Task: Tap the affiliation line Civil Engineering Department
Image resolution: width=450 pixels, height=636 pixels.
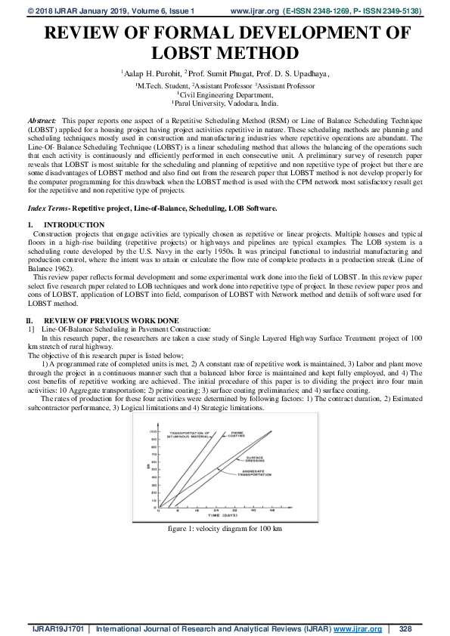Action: pyautogui.click(x=225, y=95)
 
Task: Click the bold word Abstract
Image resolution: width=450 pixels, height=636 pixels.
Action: pyautogui.click(x=41, y=121)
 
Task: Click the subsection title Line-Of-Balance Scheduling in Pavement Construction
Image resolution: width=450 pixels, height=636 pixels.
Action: pyautogui.click(x=124, y=330)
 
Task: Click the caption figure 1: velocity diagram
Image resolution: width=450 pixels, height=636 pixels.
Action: pyautogui.click(x=225, y=528)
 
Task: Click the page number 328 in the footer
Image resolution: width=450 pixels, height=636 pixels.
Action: pyautogui.click(x=405, y=628)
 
